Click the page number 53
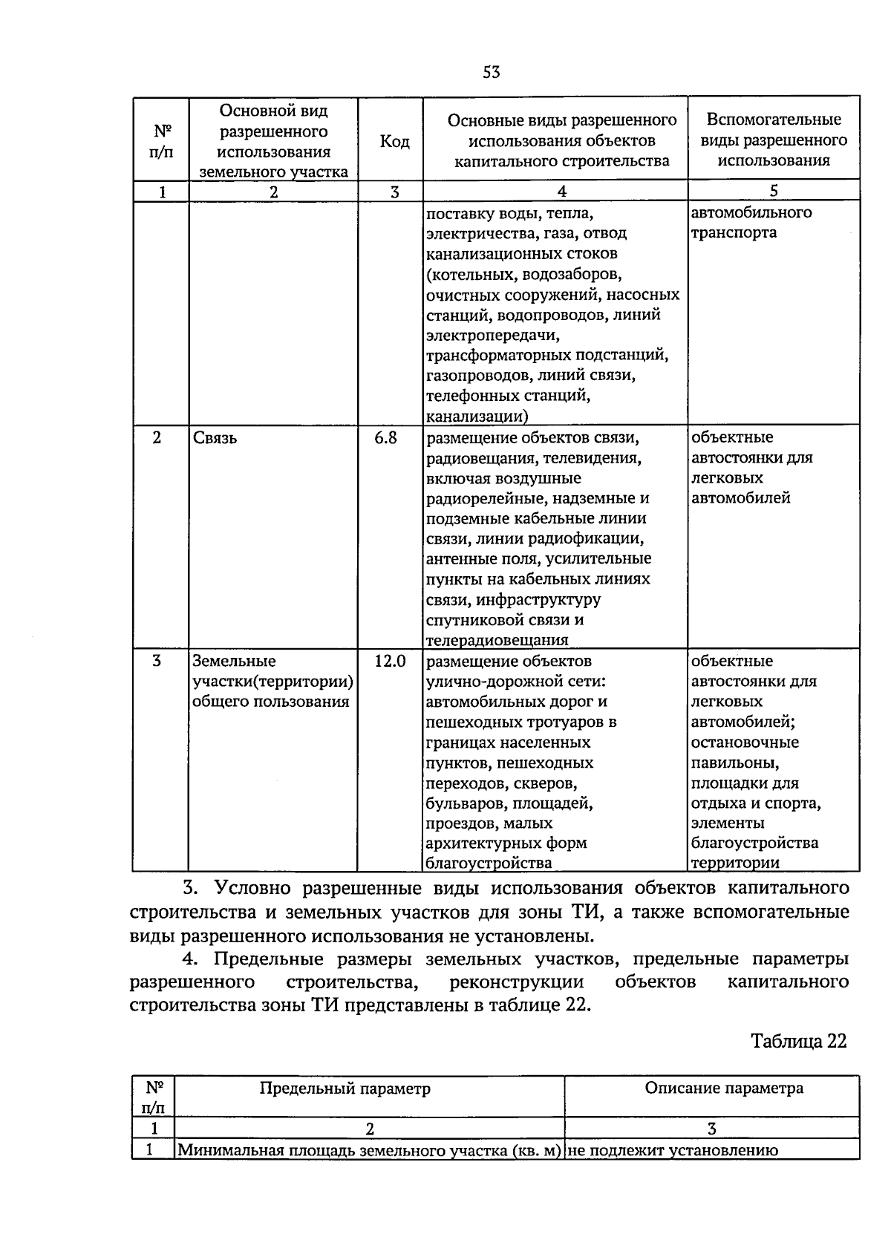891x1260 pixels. point(492,72)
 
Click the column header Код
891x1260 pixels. point(394,141)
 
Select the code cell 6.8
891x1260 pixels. point(385,438)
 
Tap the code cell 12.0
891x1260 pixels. point(390,661)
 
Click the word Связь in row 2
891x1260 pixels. point(215,438)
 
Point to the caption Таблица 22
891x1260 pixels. point(798,1041)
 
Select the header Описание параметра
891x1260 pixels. point(724,1088)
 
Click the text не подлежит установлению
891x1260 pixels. point(673,1151)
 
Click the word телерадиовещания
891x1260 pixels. point(497,640)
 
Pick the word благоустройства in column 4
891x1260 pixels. point(489,863)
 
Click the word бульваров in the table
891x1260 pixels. point(461,803)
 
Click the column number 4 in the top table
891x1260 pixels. point(562,192)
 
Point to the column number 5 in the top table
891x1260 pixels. point(774,191)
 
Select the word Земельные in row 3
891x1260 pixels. point(234,661)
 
